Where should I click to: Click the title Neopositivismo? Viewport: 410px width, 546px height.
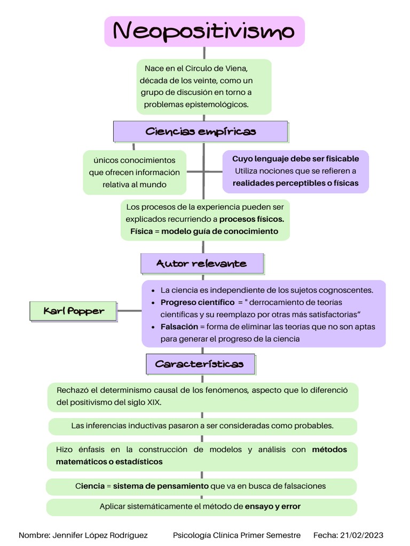[x=204, y=31]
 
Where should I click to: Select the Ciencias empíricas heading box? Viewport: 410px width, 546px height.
[x=200, y=132]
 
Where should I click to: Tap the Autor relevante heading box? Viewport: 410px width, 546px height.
[x=202, y=263]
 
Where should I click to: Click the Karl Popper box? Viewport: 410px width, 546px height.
[x=73, y=311]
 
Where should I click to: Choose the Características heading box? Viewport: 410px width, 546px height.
[x=200, y=364]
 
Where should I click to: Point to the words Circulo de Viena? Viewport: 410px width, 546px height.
[x=216, y=69]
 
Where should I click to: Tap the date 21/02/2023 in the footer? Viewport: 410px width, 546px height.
[x=364, y=535]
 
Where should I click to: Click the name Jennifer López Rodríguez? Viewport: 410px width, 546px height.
[x=100, y=535]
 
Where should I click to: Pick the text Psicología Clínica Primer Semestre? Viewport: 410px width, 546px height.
[x=237, y=535]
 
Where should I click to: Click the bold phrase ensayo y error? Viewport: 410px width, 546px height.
[x=272, y=506]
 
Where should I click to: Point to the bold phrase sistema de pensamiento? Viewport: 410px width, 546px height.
[x=161, y=486]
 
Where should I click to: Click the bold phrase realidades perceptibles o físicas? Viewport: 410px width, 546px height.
[x=295, y=183]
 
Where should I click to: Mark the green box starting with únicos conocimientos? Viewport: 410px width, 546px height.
[x=135, y=172]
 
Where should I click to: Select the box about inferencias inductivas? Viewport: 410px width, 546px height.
[x=202, y=426]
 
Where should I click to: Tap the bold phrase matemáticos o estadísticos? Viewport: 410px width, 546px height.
[x=109, y=462]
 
